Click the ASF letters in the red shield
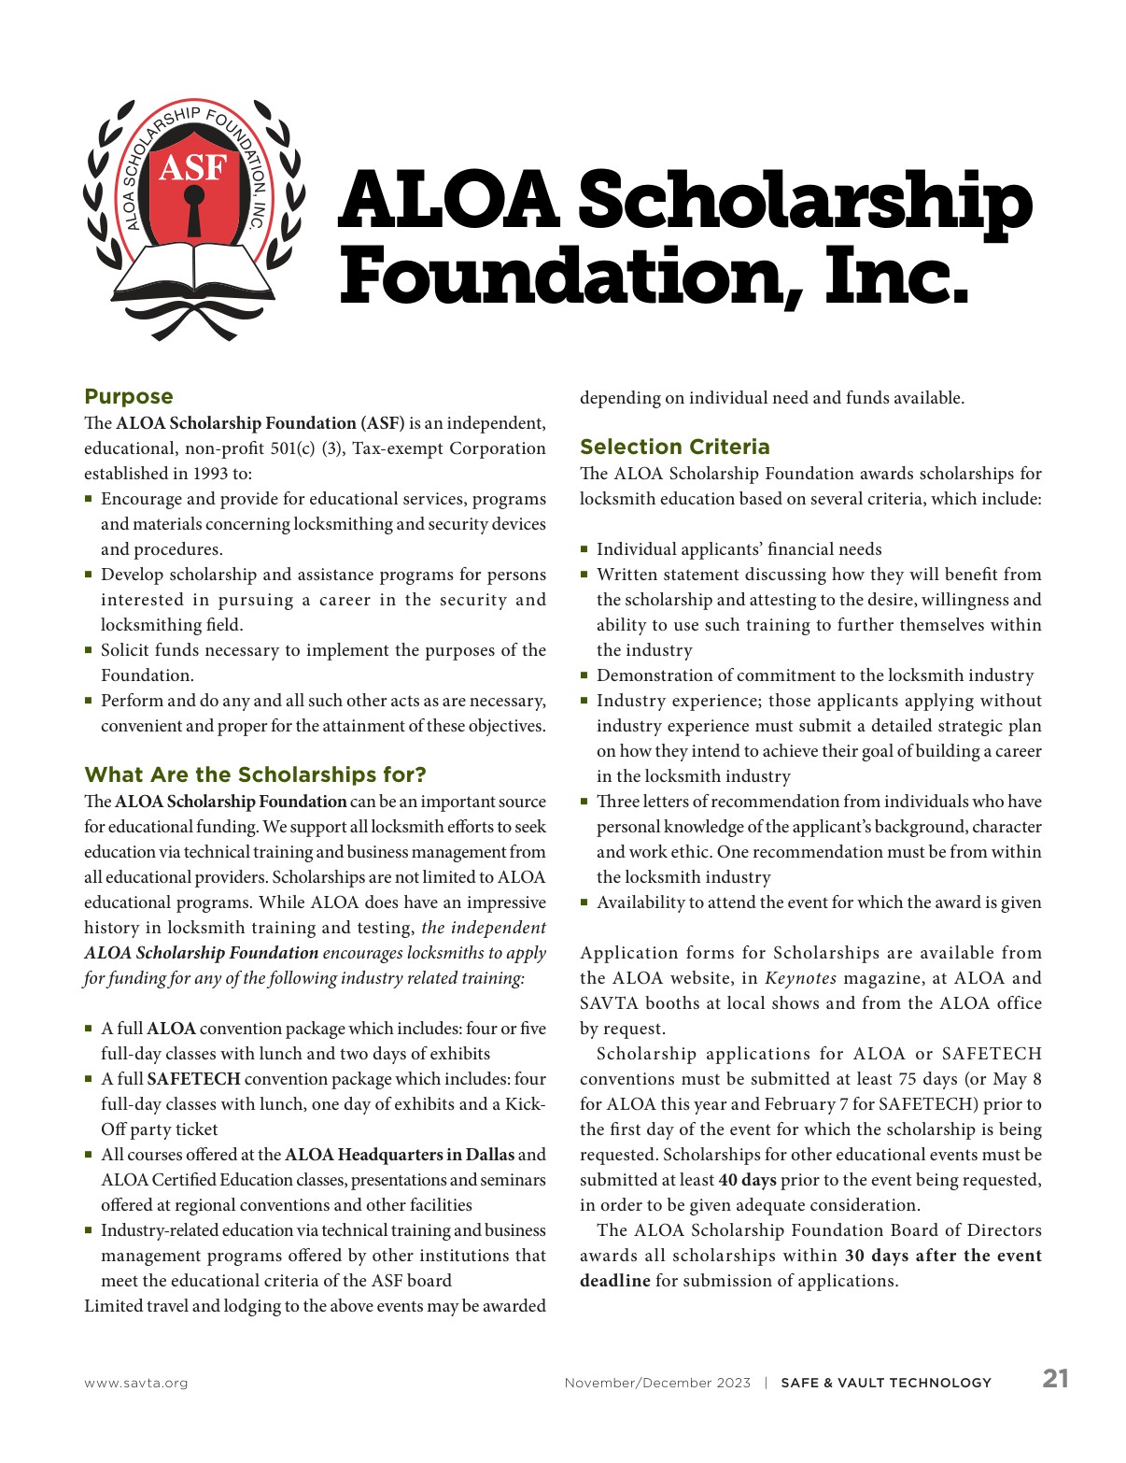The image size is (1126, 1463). click(x=193, y=167)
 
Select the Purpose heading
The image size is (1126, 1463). click(x=129, y=396)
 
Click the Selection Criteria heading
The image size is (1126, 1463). click(x=674, y=447)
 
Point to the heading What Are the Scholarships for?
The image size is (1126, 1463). click(x=255, y=774)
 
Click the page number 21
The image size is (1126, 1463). click(x=1055, y=1379)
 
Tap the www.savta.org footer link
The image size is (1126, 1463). click(x=135, y=1383)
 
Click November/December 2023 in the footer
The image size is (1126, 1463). click(x=657, y=1383)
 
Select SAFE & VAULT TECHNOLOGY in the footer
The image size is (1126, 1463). click(x=886, y=1383)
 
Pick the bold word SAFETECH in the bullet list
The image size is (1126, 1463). click(x=193, y=1079)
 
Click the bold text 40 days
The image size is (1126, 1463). click(x=747, y=1180)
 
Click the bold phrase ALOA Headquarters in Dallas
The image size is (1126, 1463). click(x=400, y=1155)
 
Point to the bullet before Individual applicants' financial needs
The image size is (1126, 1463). click(x=584, y=549)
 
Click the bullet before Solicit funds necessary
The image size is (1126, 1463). click(x=89, y=650)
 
